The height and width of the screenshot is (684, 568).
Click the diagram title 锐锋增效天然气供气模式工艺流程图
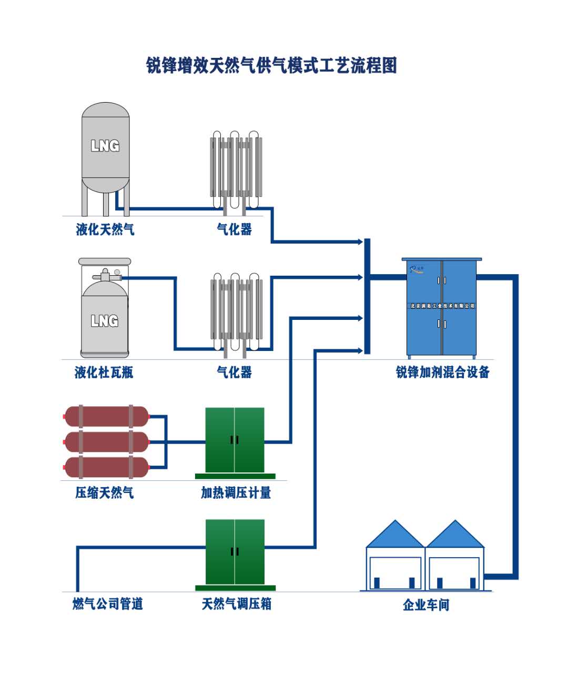pos(271,66)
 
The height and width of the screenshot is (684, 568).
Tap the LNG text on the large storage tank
pos(105,145)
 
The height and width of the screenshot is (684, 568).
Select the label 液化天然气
pos(105,229)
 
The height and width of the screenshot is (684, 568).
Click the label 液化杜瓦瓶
pos(104,373)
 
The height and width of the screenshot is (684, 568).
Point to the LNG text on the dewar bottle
pos(105,320)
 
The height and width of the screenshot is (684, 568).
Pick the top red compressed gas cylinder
pos(106,416)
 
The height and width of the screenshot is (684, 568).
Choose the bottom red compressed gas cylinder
pos(106,467)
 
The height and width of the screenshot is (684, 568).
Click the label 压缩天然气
pos(105,493)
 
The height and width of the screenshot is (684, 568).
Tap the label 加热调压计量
pos(236,493)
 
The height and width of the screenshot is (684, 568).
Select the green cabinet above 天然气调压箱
pos(235,552)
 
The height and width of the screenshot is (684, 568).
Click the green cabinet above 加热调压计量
pos(235,440)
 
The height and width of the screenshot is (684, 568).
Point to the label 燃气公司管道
pos(108,604)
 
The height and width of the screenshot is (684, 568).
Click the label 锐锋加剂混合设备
pos(442,373)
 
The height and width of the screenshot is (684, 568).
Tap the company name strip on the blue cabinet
pos(442,306)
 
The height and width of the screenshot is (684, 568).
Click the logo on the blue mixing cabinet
pos(417,269)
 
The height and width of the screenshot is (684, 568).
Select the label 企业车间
pos(426,605)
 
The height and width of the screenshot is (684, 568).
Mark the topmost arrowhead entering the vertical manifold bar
pos(360,242)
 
